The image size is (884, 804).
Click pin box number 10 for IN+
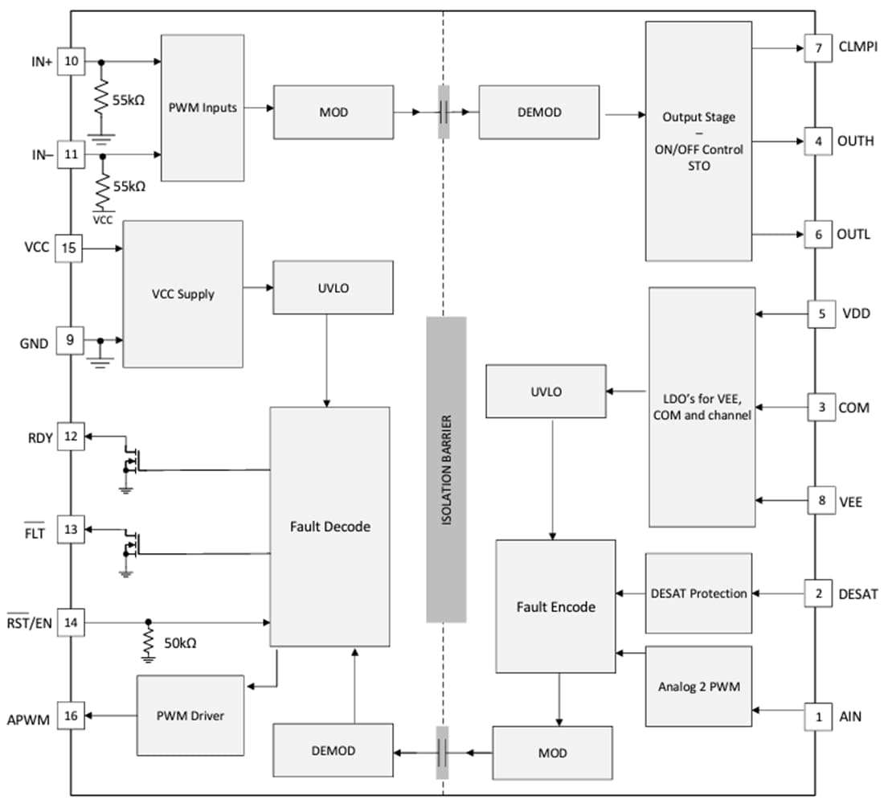71,62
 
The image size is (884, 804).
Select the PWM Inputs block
203,108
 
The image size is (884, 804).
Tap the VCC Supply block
182,294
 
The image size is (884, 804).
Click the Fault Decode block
329,527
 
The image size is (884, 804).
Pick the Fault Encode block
555,606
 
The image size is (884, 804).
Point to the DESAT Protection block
698,593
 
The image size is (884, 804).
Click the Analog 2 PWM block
698,687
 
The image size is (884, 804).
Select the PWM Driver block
190,715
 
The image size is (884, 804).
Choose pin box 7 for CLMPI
818,48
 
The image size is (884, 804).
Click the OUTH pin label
855,142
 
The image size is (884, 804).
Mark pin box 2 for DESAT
818,594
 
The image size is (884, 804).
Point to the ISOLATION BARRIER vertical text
446,470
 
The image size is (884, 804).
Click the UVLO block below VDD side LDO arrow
546,392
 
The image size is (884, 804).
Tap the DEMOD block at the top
538,113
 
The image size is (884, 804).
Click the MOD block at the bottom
552,753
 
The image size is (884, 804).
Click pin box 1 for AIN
818,716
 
